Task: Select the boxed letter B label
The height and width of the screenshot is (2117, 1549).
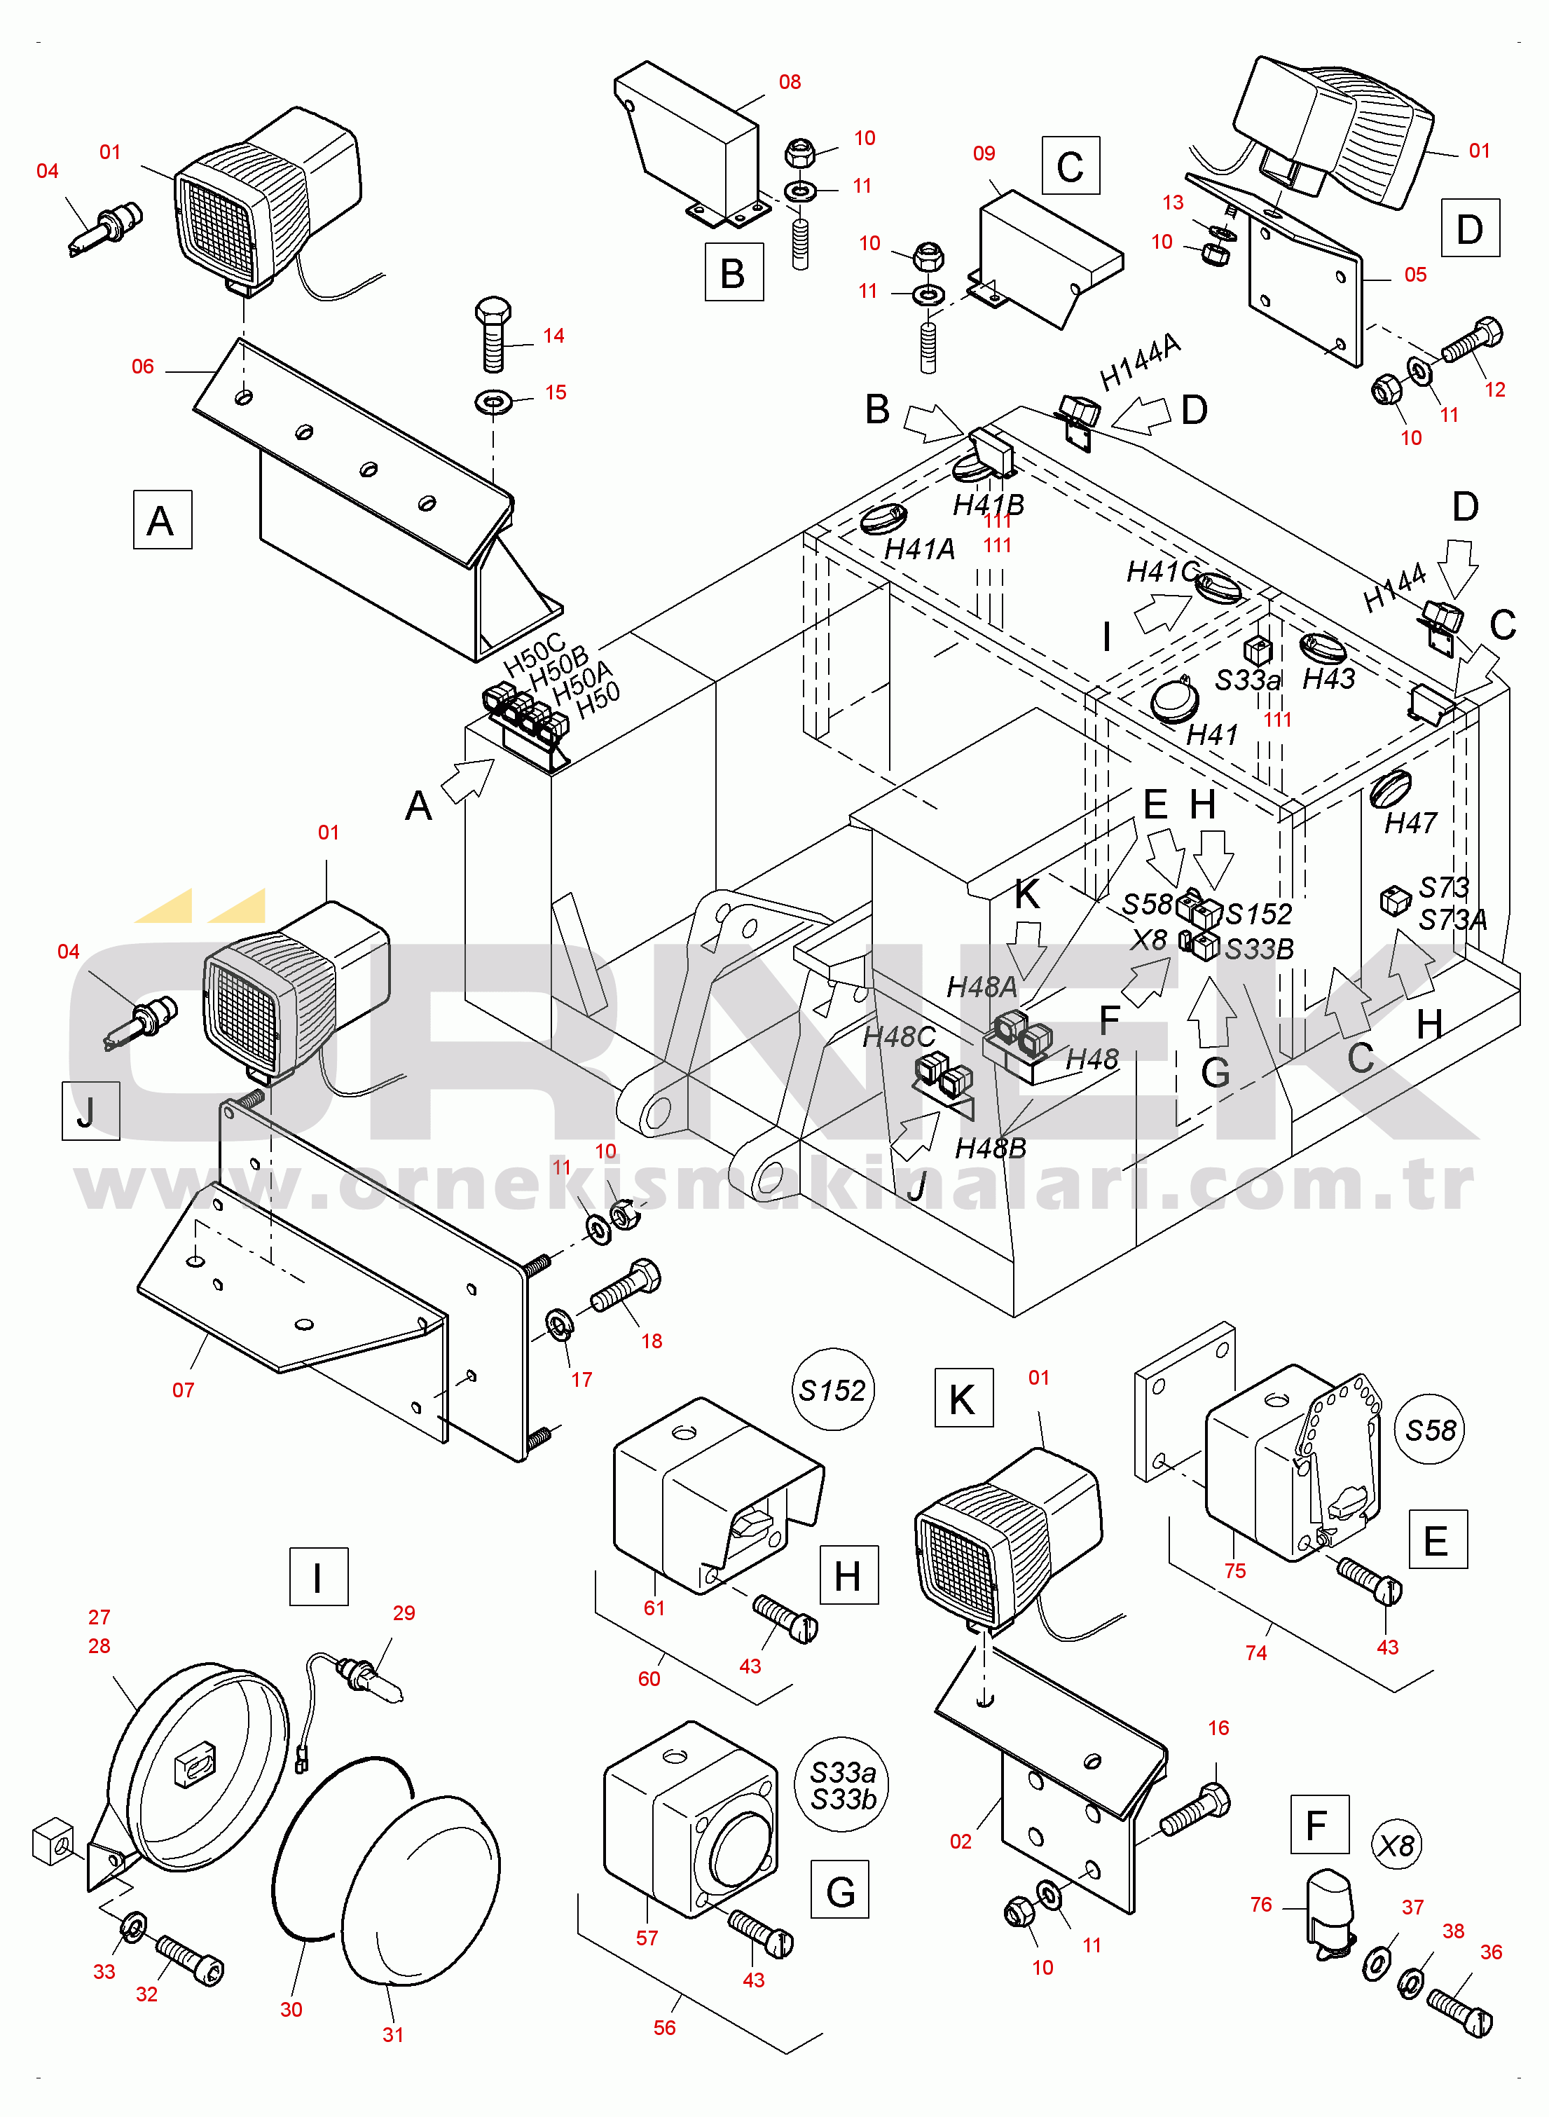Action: [x=734, y=272]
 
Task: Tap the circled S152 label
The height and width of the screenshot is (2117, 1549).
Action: [x=832, y=1390]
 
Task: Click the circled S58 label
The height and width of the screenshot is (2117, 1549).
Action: [x=1430, y=1430]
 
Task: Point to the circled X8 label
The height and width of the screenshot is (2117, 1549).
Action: [x=1396, y=1846]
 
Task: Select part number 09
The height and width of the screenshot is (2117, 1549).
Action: [x=984, y=153]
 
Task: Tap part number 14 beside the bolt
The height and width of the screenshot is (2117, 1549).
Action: [x=553, y=336]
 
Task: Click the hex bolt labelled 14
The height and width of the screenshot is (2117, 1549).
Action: [x=494, y=333]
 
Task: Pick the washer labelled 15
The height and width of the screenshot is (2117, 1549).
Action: [x=493, y=402]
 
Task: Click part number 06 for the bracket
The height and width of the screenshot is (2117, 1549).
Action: [x=142, y=366]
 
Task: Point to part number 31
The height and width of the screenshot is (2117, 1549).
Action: [x=393, y=2034]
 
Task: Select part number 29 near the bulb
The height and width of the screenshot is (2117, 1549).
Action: [x=404, y=1612]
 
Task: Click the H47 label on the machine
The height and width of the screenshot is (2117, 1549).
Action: [x=1410, y=823]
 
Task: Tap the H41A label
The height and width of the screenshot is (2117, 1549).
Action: [x=920, y=549]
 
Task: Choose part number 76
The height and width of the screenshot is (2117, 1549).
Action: [x=1261, y=1904]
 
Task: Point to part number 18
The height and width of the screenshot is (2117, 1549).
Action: [x=652, y=1341]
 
